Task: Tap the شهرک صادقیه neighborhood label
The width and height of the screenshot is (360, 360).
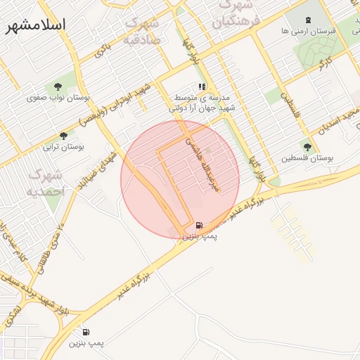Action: [143, 31]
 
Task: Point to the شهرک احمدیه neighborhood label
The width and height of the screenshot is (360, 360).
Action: [45, 182]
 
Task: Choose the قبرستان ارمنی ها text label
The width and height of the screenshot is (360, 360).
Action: [304, 32]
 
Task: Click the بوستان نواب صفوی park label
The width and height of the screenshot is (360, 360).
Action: [55, 98]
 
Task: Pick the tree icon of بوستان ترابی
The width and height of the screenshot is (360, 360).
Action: [64, 136]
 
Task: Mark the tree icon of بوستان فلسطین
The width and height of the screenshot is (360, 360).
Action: [307, 146]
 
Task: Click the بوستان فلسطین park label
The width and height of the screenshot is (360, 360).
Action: [305, 158]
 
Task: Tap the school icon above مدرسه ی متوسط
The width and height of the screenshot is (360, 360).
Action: [202, 86]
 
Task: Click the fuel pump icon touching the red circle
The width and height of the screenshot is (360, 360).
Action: [200, 226]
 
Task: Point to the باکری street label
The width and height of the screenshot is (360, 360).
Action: [103, 50]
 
